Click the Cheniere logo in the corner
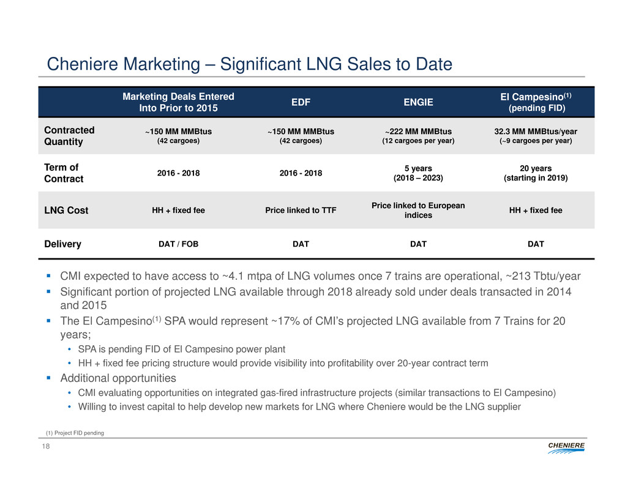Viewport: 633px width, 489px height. pyautogui.click(x=564, y=450)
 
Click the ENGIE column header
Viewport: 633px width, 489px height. pyautogui.click(x=418, y=102)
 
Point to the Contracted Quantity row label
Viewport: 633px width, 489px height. pyautogui.click(x=69, y=136)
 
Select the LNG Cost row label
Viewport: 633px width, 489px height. pyautogui.click(x=66, y=211)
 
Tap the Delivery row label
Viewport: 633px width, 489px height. pyautogui.click(x=62, y=244)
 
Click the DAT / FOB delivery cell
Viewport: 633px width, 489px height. pyautogui.click(x=179, y=244)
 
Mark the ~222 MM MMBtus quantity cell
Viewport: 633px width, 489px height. pyautogui.click(x=418, y=132)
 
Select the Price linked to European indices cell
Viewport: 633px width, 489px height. pyautogui.click(x=418, y=211)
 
